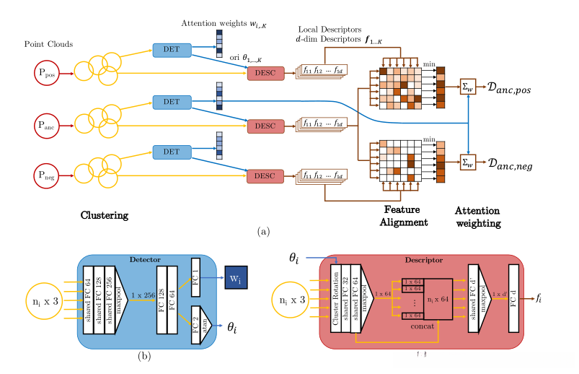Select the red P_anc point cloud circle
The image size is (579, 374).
[48, 125]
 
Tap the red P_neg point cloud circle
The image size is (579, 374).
[48, 174]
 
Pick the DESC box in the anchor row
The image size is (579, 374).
[265, 126]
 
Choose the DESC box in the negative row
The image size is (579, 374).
[265, 176]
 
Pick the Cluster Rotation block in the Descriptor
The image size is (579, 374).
[335, 297]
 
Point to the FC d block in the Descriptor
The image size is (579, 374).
[513, 296]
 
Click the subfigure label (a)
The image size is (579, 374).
[264, 232]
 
